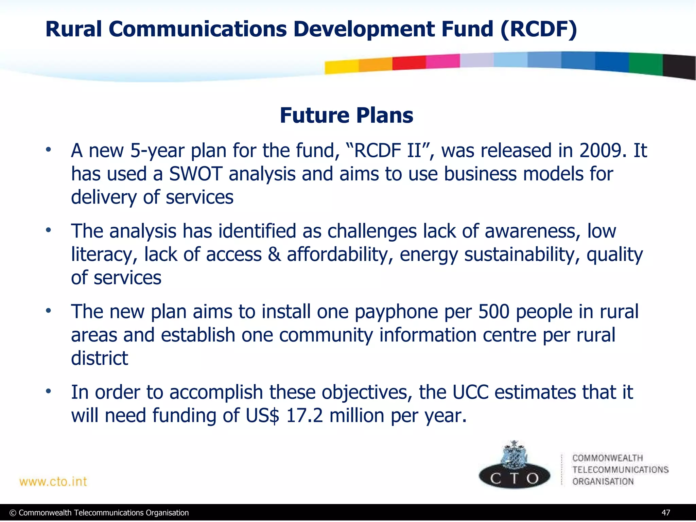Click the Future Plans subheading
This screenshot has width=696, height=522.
click(346, 115)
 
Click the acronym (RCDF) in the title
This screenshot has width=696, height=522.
click(538, 29)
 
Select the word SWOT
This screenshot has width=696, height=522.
click(195, 174)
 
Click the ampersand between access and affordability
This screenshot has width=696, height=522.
click(274, 255)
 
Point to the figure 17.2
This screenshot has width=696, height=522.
click(304, 415)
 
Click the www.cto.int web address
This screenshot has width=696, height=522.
click(53, 482)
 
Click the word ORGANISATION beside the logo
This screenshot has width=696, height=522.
click(603, 482)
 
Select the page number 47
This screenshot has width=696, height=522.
click(666, 513)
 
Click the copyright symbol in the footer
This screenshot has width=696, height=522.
click(13, 513)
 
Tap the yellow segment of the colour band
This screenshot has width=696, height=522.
click(341, 67)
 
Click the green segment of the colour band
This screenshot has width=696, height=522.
click(645, 64)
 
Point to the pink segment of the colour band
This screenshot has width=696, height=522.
click(442, 61)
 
